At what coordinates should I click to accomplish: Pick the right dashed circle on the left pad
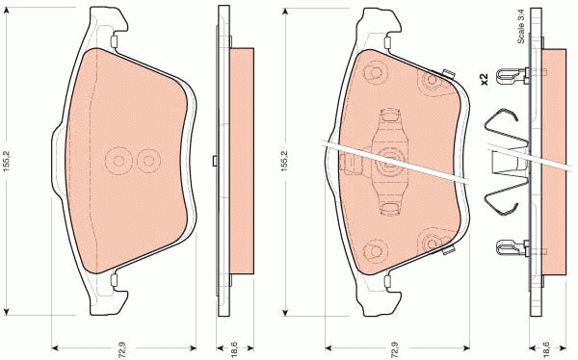(x=147, y=160)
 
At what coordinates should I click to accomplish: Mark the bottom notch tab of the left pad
(x=114, y=280)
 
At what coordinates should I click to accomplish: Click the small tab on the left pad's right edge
(x=212, y=160)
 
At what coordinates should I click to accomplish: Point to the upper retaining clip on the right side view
(x=511, y=73)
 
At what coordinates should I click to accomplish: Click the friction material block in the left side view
(x=241, y=160)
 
